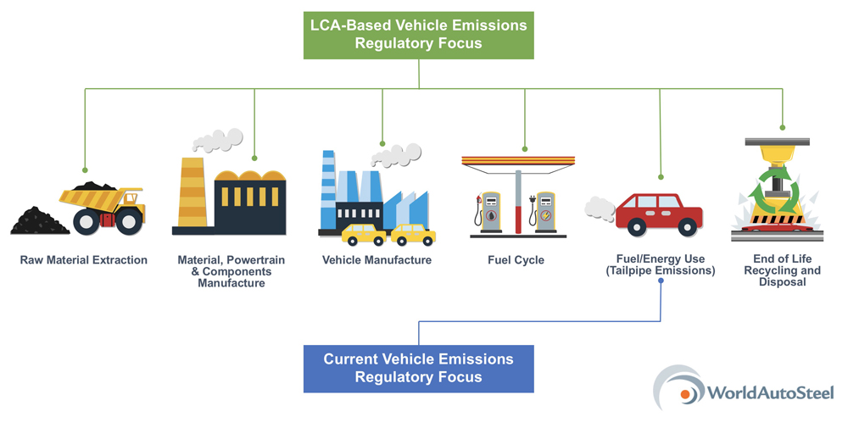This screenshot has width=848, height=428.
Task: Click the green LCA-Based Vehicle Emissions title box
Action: (419, 35)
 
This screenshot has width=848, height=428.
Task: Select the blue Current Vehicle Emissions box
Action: (418, 368)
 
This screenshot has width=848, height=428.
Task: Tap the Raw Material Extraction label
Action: (84, 260)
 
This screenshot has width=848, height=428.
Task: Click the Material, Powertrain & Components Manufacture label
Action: (231, 271)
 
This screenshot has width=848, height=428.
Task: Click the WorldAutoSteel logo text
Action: (770, 392)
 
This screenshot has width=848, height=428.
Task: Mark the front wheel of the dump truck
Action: (129, 222)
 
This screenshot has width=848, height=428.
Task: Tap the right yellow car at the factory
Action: (414, 234)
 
